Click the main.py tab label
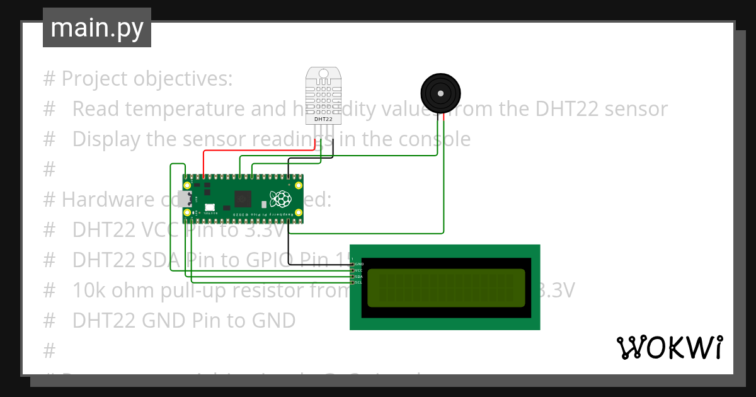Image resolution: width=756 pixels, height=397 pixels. click(x=96, y=28)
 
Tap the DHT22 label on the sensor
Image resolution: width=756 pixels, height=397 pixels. click(x=323, y=119)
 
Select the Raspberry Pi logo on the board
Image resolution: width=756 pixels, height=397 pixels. click(x=280, y=198)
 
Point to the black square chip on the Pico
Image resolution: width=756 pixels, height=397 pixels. click(x=243, y=199)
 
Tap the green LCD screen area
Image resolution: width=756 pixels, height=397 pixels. click(x=445, y=287)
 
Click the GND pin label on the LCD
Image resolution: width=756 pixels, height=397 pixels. click(x=359, y=264)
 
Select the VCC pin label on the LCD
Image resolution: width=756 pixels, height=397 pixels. click(x=359, y=270)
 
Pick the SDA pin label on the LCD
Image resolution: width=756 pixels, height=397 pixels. click(x=359, y=277)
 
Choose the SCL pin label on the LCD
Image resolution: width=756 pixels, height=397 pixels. click(x=359, y=282)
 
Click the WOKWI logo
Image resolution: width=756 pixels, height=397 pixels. click(x=669, y=348)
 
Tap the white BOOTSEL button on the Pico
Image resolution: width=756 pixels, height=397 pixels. click(x=210, y=207)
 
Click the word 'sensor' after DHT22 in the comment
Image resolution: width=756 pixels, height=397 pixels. click(x=638, y=108)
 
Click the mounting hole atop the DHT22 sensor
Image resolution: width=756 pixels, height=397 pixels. click(x=324, y=74)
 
